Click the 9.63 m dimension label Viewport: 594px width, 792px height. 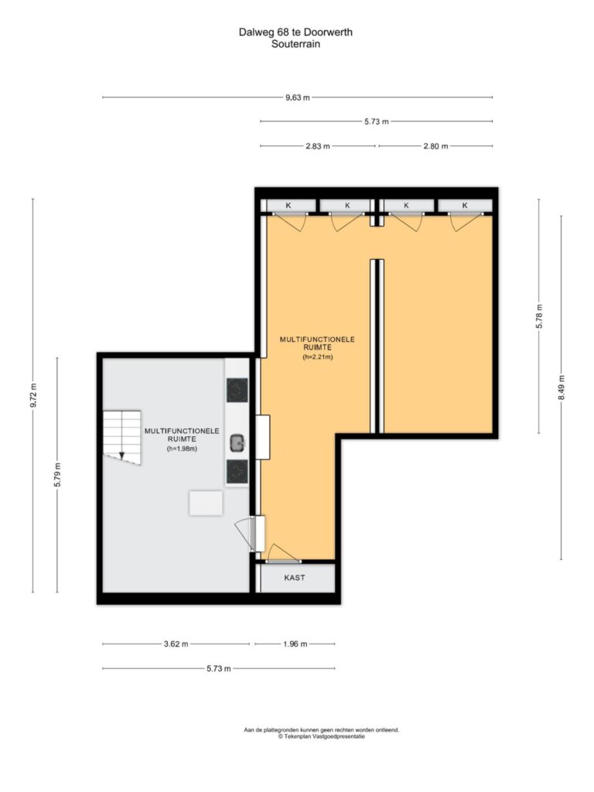pyautogui.click(x=298, y=97)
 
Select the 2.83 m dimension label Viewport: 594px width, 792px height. pyautogui.click(x=318, y=146)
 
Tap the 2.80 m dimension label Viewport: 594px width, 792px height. pyautogui.click(x=435, y=146)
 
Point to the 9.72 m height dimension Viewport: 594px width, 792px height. pyautogui.click(x=33, y=395)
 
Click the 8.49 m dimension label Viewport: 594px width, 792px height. pyautogui.click(x=562, y=388)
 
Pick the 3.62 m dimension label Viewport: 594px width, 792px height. pyautogui.click(x=176, y=644)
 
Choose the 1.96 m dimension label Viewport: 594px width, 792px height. pyautogui.click(x=295, y=644)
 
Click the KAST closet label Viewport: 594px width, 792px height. pyautogui.click(x=295, y=577)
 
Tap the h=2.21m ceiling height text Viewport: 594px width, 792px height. pyautogui.click(x=318, y=357)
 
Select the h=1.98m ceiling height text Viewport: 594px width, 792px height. pyautogui.click(x=182, y=448)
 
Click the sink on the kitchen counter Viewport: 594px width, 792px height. pyautogui.click(x=237, y=443)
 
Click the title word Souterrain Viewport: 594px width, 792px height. pyautogui.click(x=296, y=44)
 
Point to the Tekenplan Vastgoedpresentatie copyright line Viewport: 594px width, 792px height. pyautogui.click(x=321, y=736)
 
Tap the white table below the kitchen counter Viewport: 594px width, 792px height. pyautogui.click(x=206, y=503)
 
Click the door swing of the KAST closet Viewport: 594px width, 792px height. pyautogui.click(x=283, y=552)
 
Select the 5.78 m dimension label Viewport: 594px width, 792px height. pyautogui.click(x=539, y=316)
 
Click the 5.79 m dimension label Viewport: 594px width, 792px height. pyautogui.click(x=57, y=475)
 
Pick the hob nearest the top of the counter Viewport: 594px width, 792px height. pyautogui.click(x=237, y=391)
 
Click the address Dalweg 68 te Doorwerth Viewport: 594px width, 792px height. pyautogui.click(x=296, y=32)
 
